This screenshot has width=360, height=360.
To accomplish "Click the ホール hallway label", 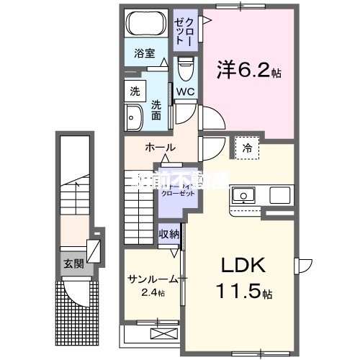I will pos(159,148).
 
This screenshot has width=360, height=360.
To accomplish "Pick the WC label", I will pos(184,92).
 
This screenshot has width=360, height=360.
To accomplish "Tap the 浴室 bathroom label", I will pos(145,53).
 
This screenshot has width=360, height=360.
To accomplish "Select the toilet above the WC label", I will pos(185,70).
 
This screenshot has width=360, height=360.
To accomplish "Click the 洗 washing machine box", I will pos(135,91).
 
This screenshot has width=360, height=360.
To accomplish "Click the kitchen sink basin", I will pos(243,195).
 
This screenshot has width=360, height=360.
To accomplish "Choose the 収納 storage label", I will pos(169,234).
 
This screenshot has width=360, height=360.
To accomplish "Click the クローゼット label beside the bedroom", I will pos(184,31).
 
